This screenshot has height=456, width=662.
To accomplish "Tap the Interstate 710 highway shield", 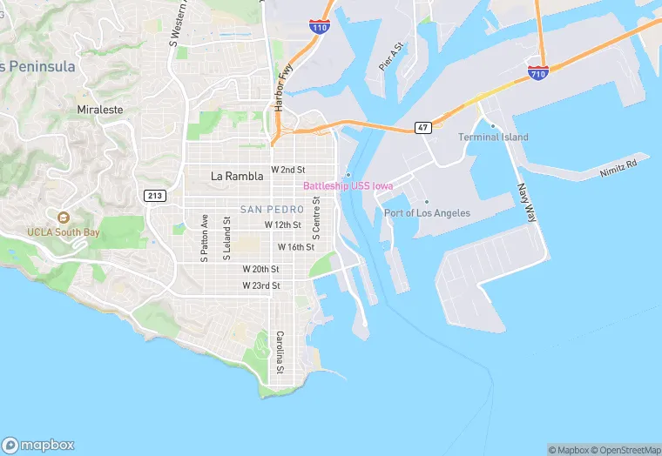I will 537,74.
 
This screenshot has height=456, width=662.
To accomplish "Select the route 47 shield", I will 423,128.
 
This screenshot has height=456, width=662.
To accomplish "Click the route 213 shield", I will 156,195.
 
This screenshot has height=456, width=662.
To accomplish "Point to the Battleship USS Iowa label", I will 348,186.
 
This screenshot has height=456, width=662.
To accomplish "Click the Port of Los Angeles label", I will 427,213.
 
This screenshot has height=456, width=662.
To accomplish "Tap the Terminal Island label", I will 493,137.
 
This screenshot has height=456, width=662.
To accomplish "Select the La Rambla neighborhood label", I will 237,176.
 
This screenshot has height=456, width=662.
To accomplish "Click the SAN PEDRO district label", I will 272,210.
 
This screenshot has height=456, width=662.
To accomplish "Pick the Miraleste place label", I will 100,111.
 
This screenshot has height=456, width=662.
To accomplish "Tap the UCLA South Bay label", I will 64,233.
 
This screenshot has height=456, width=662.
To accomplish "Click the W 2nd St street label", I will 288,170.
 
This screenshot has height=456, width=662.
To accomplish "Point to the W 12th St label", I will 282,225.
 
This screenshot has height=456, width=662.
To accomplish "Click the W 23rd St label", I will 261,285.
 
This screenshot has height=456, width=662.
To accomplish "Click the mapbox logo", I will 37,445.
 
